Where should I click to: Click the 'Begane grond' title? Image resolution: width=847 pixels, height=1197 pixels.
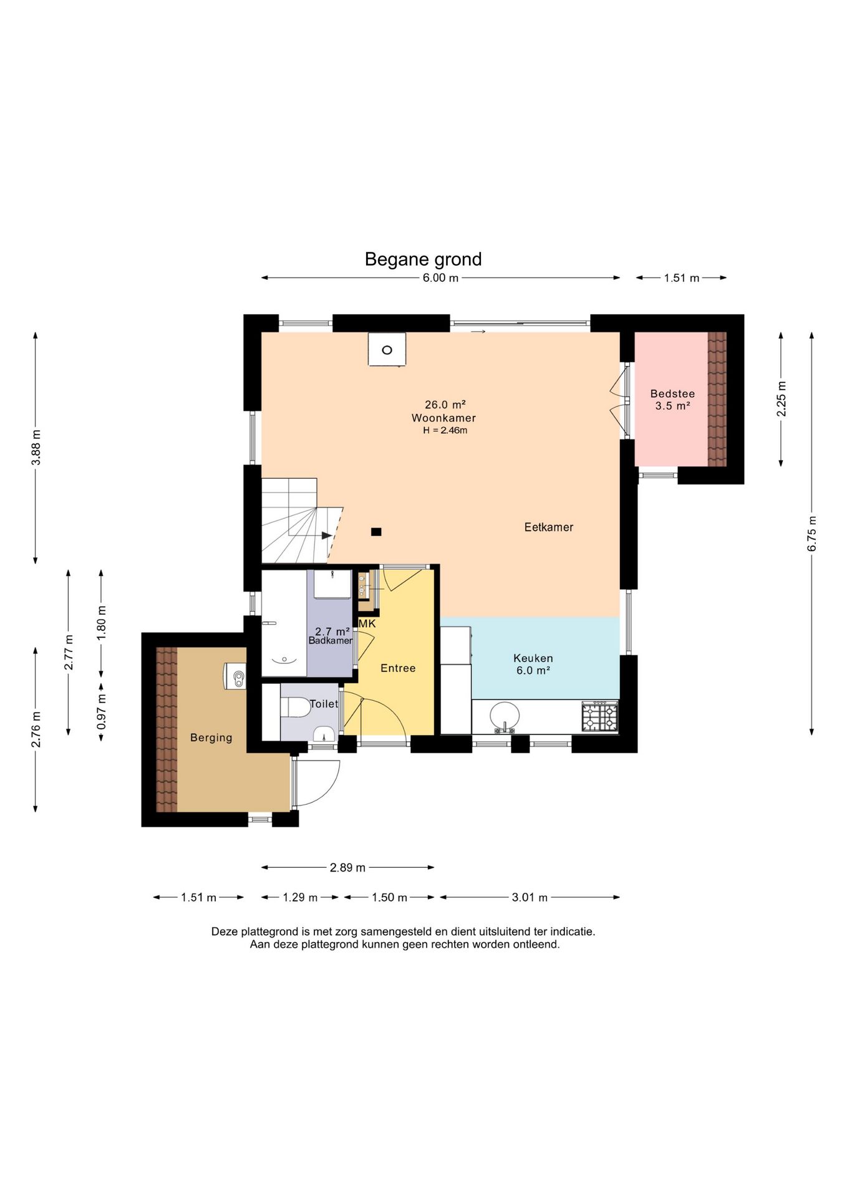tap(423, 259)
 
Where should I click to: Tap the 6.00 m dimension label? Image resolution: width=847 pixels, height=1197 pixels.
tap(440, 278)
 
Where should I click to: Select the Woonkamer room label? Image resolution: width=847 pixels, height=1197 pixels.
tap(443, 418)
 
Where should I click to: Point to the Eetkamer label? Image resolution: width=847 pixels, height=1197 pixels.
tap(548, 527)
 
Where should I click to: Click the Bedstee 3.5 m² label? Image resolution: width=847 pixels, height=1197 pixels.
tap(672, 400)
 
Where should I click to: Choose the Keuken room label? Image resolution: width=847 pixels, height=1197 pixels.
tap(533, 658)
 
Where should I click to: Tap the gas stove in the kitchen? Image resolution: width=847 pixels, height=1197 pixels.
tap(600, 716)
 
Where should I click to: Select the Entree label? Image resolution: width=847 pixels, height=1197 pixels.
tap(398, 668)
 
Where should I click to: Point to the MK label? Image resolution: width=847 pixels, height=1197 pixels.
tap(367, 623)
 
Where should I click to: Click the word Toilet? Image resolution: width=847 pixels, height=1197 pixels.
tap(324, 704)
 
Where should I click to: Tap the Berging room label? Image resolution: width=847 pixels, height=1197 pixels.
tap(211, 738)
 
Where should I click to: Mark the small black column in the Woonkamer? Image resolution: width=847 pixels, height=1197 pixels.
tap(376, 532)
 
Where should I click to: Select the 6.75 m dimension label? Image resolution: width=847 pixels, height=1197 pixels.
tap(812, 534)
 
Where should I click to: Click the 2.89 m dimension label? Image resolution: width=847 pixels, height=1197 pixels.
tap(347, 868)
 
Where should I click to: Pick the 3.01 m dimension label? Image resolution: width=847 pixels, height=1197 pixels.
tap(530, 898)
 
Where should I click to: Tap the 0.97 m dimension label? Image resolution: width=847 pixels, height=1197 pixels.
tap(102, 712)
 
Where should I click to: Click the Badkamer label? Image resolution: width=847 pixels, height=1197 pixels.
tap(331, 641)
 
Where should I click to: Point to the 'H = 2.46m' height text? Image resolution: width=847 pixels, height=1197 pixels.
tap(445, 430)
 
